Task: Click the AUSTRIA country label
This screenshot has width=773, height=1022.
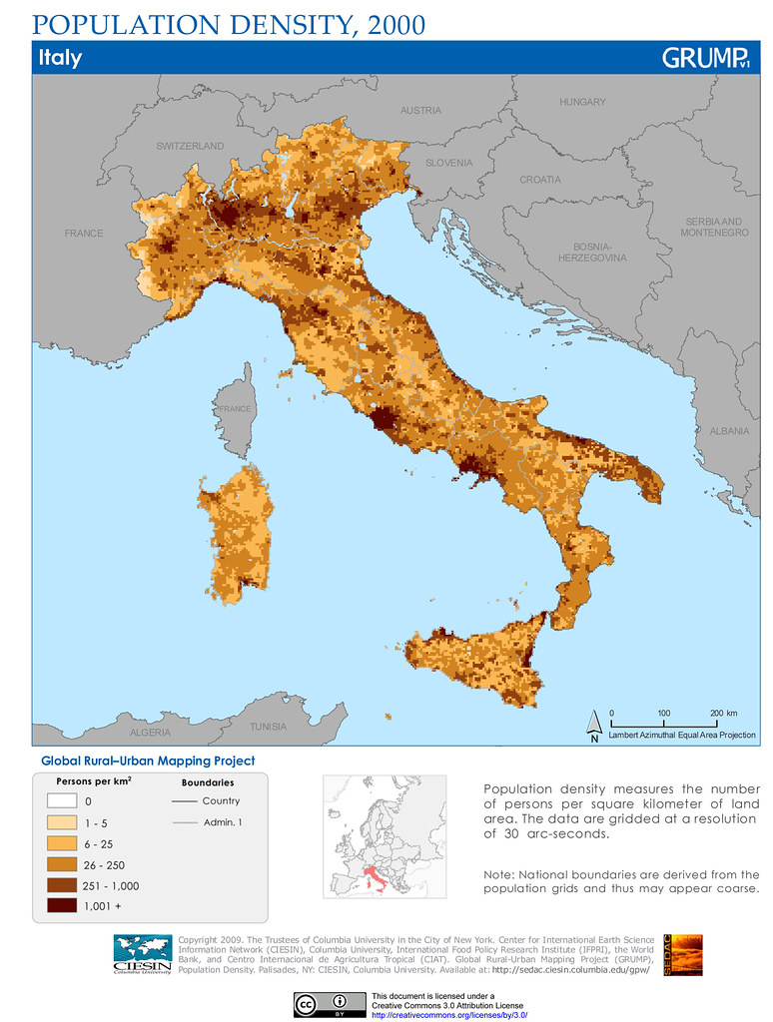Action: (420, 111)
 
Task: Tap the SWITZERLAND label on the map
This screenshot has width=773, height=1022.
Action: (190, 147)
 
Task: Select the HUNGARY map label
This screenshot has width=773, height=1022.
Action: (582, 103)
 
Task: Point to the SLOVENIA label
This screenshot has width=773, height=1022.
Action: (448, 163)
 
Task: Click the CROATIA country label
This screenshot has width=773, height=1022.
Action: (540, 181)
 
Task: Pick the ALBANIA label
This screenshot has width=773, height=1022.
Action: (729, 431)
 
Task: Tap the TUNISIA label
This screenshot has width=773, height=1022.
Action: (268, 726)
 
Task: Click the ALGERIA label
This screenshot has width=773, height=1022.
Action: (150, 733)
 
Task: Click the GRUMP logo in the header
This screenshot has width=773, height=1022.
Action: (706, 58)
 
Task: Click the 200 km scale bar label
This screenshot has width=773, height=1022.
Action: (723, 713)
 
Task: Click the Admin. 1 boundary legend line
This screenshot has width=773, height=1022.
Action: (183, 822)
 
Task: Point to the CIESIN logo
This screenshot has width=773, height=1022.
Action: (142, 952)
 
